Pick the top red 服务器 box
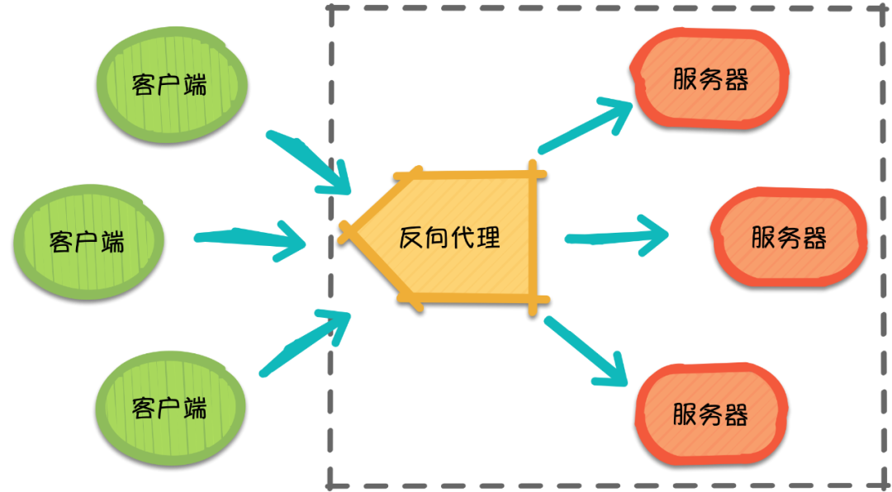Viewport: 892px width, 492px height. tap(710, 78)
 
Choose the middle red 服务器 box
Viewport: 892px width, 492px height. tap(789, 237)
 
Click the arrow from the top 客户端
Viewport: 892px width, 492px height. tap(310, 161)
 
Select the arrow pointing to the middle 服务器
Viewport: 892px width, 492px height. tap(615, 237)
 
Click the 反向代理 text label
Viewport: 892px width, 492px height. tap(450, 238)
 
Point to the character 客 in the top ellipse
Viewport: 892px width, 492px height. tap(145, 85)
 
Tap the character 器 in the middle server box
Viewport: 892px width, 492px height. tap(814, 238)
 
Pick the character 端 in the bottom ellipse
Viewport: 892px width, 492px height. tap(195, 408)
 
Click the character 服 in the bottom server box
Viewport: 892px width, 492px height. tap(686, 414)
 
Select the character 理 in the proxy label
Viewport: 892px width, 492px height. tap(488, 238)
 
